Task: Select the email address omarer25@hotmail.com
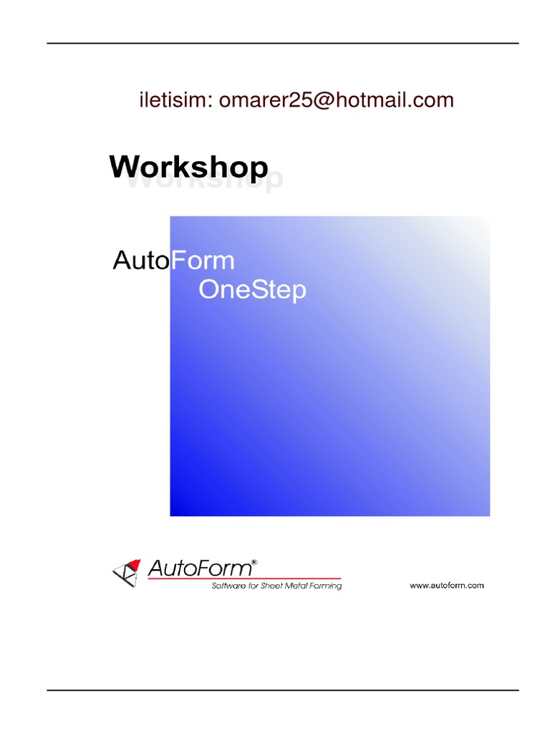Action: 337,100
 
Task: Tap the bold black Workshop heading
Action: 188,168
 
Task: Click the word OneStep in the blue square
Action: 252,290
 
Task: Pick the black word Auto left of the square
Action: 141,261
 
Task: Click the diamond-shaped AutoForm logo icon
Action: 127,573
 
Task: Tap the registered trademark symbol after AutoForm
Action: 254,563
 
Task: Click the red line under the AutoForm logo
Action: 286,578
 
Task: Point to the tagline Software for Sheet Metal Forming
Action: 276,586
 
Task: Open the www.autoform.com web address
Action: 447,586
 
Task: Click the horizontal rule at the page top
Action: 283,44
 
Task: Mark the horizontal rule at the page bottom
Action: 283,690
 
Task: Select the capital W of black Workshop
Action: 123,168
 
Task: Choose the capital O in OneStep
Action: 208,290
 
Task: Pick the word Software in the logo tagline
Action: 229,586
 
